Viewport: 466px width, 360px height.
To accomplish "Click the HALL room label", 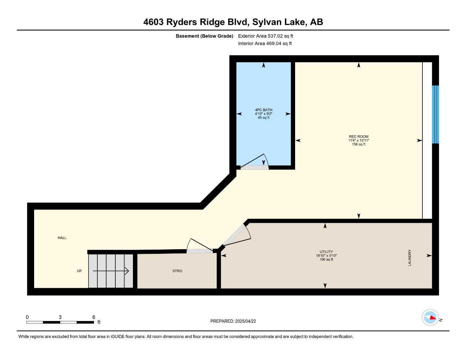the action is pyautogui.click(x=62, y=238).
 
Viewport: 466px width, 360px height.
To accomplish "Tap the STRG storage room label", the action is pyautogui.click(x=177, y=271).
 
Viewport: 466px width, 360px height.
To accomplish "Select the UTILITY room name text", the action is pyautogui.click(x=326, y=252).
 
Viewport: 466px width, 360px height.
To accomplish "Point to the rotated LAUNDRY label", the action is pyautogui.click(x=410, y=258).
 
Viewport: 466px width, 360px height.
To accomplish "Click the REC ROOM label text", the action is pyautogui.click(x=359, y=136).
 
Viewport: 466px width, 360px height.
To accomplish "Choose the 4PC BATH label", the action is pyautogui.click(x=263, y=110).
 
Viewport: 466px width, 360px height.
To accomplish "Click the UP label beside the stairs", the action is pyautogui.click(x=79, y=271).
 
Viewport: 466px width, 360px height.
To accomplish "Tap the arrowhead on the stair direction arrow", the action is pyautogui.click(x=127, y=271).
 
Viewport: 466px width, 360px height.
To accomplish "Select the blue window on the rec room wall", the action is pyautogui.click(x=435, y=114).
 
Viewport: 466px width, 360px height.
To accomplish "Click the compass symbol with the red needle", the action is pyautogui.click(x=430, y=317).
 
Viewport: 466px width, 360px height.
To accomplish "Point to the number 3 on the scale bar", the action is pyautogui.click(x=60, y=317).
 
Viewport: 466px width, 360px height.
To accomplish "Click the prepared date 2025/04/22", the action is pyautogui.click(x=245, y=321).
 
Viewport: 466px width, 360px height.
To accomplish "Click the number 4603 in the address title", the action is pyautogui.click(x=153, y=22).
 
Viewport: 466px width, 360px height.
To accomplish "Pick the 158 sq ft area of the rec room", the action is pyautogui.click(x=359, y=144).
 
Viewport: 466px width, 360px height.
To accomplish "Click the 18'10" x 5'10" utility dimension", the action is pyautogui.click(x=326, y=256).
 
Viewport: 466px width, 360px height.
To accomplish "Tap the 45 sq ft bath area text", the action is pyautogui.click(x=263, y=118).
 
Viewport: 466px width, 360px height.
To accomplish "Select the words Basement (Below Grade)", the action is pyautogui.click(x=204, y=36).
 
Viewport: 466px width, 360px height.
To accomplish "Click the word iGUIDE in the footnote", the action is pyautogui.click(x=118, y=337).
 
